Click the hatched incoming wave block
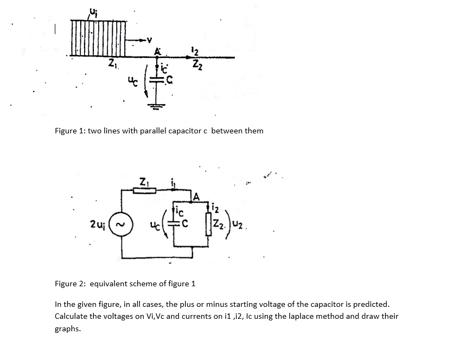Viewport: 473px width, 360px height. click(x=98, y=37)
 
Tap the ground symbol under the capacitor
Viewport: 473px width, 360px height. click(x=157, y=106)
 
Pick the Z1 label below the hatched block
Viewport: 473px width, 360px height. click(x=112, y=65)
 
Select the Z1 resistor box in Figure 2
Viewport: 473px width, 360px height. click(x=144, y=190)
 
